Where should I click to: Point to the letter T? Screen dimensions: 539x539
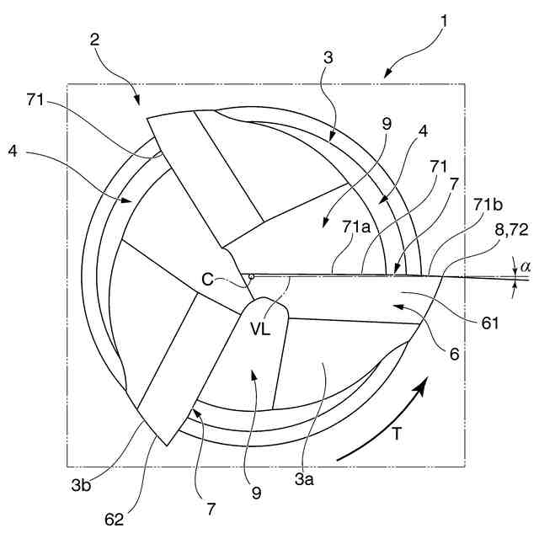coord(403,436)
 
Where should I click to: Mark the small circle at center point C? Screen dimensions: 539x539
coord(251,275)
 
